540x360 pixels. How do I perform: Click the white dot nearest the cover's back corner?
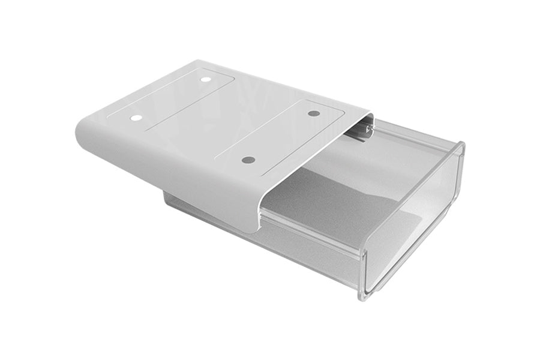pyautogui.click(x=206, y=79)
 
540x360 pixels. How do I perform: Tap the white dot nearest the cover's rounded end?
pyautogui.click(x=136, y=118)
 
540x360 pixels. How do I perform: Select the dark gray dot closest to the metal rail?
pyautogui.click(x=313, y=113)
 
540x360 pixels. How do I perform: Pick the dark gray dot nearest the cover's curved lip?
pyautogui.click(x=248, y=160)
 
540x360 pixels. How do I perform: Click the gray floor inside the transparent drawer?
pyautogui.click(x=336, y=204)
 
